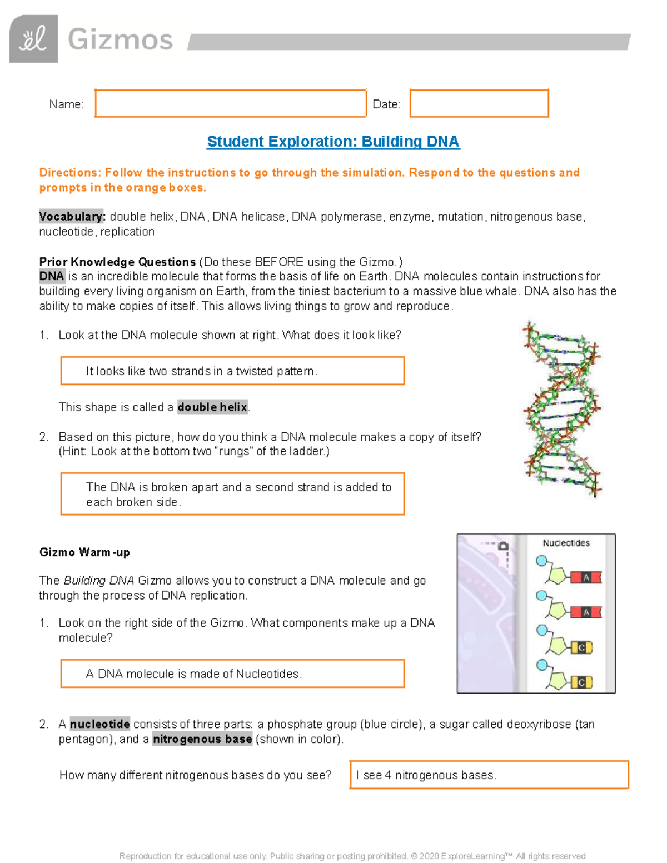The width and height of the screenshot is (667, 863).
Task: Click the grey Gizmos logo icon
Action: pos(33,39)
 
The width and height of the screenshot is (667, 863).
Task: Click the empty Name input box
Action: pos(230,103)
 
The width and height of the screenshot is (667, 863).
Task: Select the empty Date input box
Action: pos(479,103)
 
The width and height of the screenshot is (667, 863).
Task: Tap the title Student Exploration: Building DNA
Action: pos(333,142)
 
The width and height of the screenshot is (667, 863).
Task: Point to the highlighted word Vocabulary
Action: pos(72,217)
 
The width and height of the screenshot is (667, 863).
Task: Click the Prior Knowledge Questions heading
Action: pos(117,262)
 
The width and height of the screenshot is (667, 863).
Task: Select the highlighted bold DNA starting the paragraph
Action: pos(52,276)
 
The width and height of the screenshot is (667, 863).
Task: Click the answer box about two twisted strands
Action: pos(232,371)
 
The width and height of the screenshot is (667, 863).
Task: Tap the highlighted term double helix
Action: pos(212,407)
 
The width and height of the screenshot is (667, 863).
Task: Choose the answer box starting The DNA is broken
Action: pos(232,494)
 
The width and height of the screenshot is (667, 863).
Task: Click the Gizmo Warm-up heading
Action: pos(84,552)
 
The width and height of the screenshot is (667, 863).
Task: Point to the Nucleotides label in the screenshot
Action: pos(566,543)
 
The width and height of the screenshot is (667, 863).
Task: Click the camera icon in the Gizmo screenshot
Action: pos(503,546)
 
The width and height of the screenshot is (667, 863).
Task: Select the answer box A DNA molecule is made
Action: pos(232,674)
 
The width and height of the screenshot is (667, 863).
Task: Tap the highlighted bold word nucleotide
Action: pos(100,724)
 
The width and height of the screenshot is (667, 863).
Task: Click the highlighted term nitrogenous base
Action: pos(202,739)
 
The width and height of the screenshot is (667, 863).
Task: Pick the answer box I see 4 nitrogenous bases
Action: pos(489,775)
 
